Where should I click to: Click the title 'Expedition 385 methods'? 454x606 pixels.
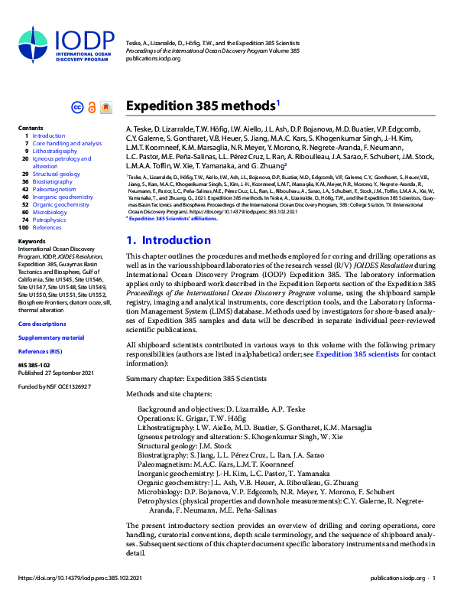(x=200, y=106)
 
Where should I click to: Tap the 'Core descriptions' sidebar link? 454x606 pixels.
(x=42, y=324)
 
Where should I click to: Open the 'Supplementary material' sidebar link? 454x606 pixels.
(x=51, y=337)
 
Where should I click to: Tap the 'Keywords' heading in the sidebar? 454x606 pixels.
(x=31, y=241)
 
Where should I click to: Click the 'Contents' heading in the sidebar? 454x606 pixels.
(x=31, y=128)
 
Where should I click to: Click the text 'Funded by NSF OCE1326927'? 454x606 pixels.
(x=54, y=386)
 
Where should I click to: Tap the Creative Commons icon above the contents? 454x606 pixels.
(x=76, y=107)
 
